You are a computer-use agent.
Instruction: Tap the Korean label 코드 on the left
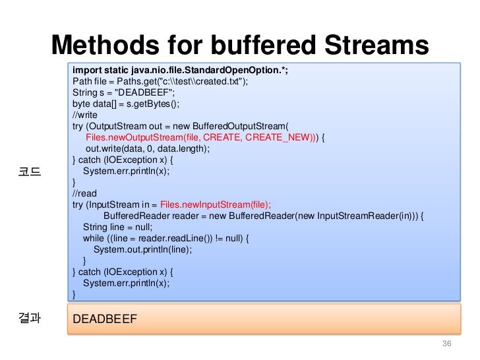pos(31,173)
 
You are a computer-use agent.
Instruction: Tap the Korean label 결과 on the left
pos(31,318)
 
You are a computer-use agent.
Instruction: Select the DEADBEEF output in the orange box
pos(105,320)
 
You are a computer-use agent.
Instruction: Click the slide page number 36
pos(446,345)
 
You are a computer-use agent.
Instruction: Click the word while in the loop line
pos(92,238)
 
